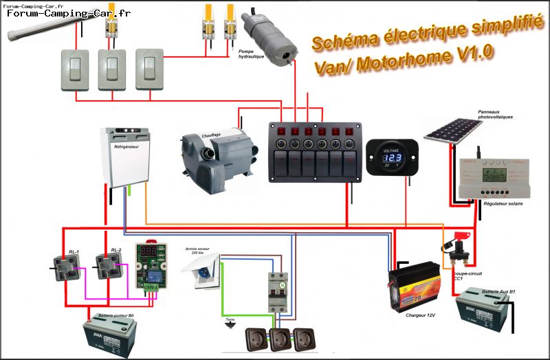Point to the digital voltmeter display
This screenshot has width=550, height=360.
tap(391, 157)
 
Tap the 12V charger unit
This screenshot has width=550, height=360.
tap(415, 284)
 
